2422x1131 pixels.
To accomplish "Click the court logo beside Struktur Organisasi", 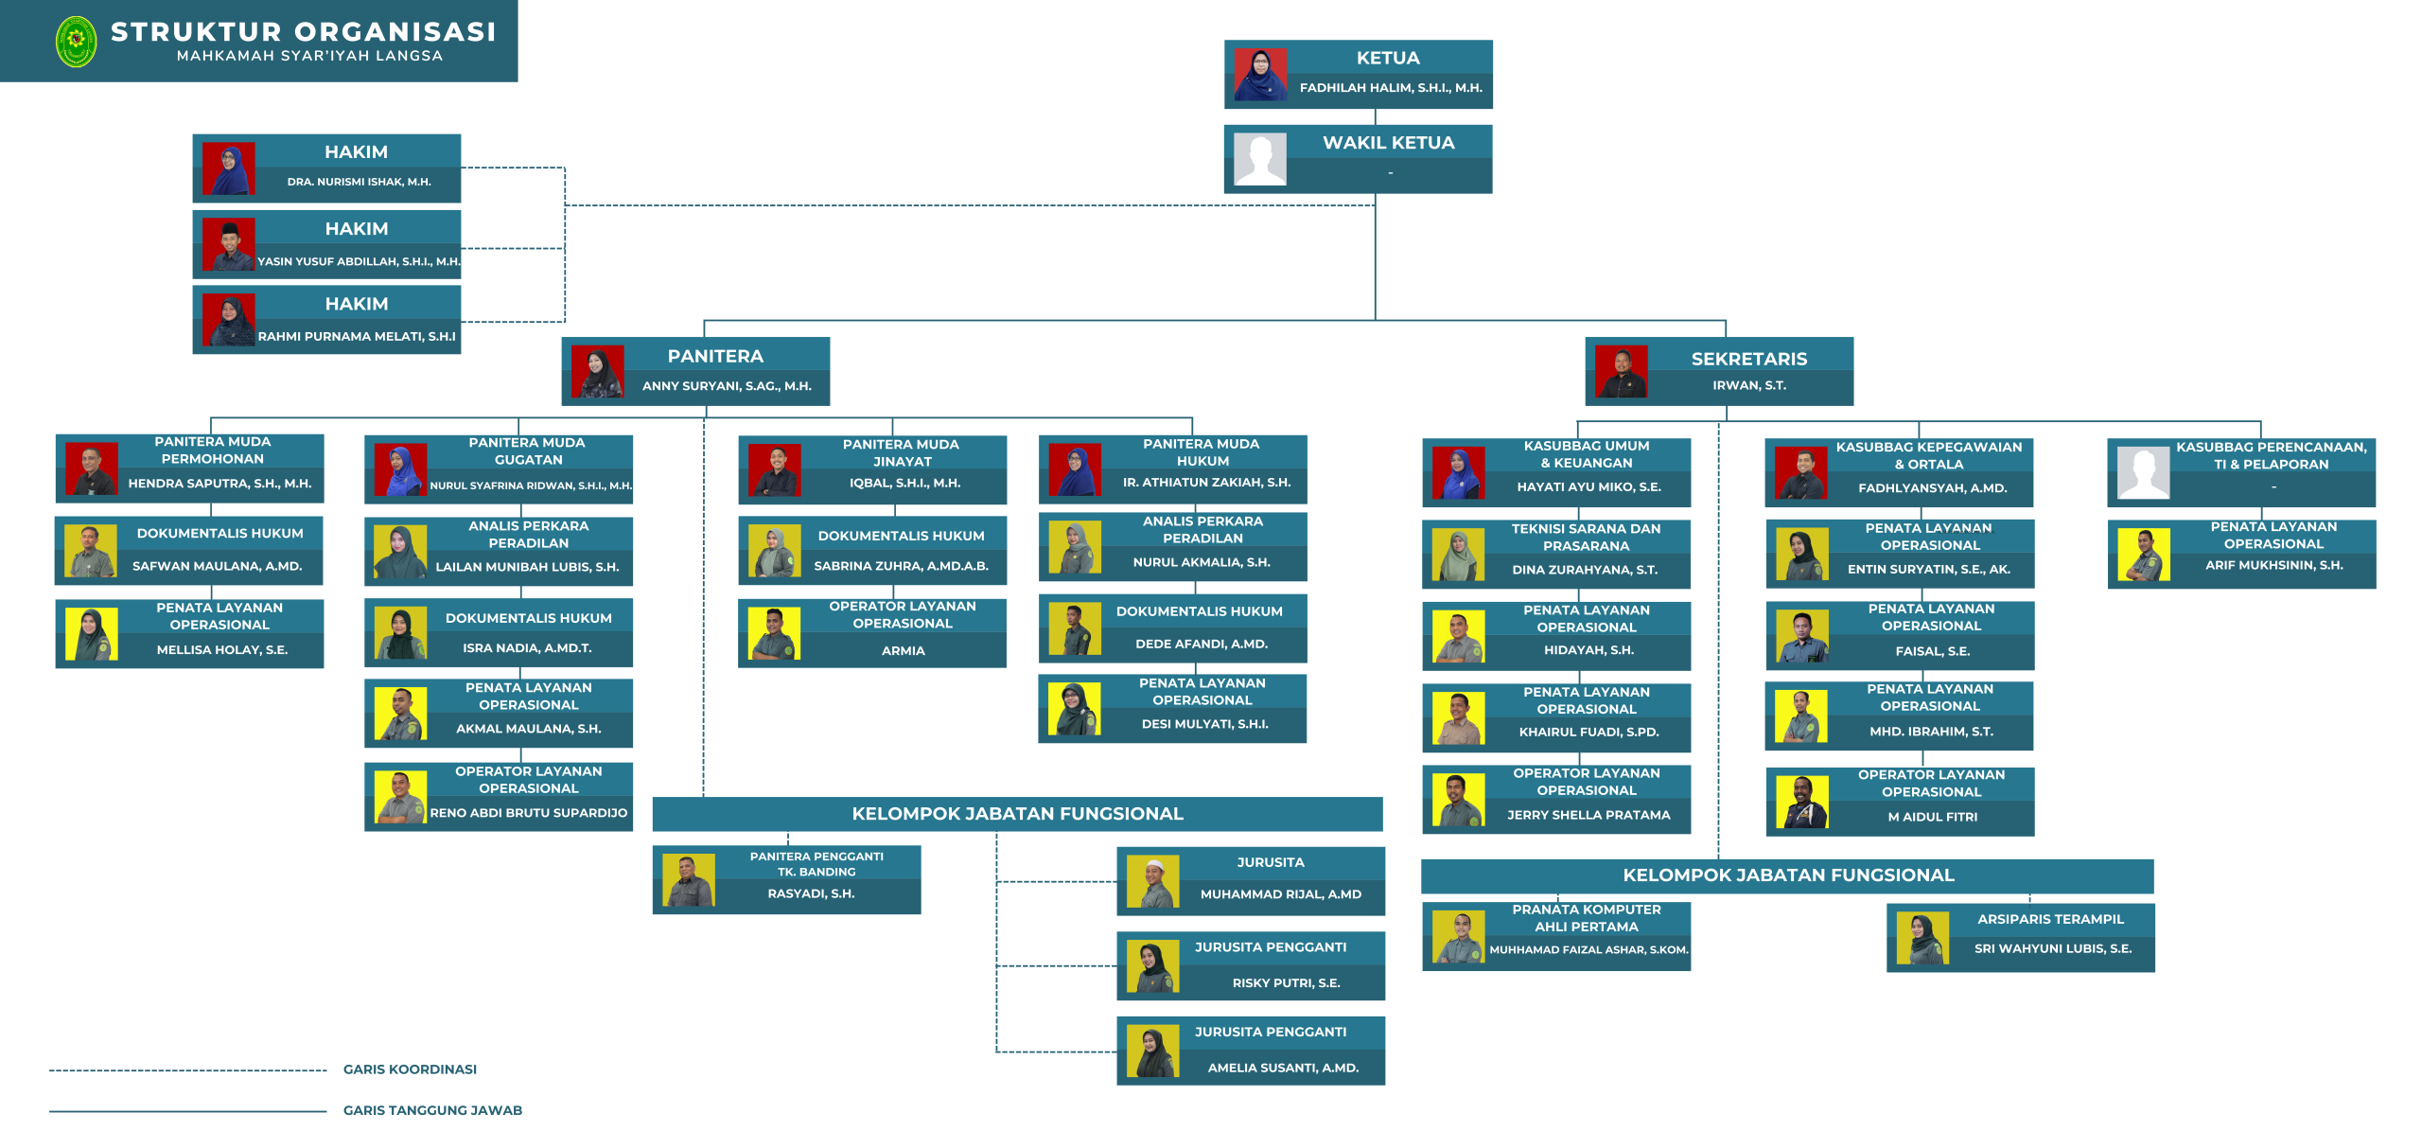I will pyautogui.click(x=77, y=42).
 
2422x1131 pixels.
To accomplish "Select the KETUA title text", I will pyautogui.click(x=1387, y=58).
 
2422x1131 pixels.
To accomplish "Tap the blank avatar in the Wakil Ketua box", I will pyautogui.click(x=1259, y=159).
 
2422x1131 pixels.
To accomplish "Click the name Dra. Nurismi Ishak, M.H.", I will pyautogui.click(x=359, y=182).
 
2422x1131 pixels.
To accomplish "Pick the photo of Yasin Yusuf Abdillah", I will pyautogui.click(x=228, y=244).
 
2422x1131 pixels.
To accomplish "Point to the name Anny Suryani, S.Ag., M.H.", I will pyautogui.click(x=726, y=386).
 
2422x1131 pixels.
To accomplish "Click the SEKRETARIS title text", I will pyautogui.click(x=1748, y=359).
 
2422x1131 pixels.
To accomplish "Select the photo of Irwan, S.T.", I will pyautogui.click(x=1621, y=371).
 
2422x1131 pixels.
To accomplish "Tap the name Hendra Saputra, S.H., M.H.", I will pyautogui.click(x=219, y=484).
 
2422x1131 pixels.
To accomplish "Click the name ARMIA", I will pyautogui.click(x=903, y=651).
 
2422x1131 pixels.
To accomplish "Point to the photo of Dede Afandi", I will pyautogui.click(x=1075, y=628).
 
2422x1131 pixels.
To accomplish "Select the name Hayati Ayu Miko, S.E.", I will pyautogui.click(x=1588, y=487).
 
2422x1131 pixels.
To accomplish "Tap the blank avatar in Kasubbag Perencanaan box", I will pyautogui.click(x=2143, y=472).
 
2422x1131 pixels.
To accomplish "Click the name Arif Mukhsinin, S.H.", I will pyautogui.click(x=2273, y=565).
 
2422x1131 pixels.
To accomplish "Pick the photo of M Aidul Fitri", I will pyautogui.click(x=1801, y=802).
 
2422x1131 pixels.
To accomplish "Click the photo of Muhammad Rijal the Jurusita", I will pyautogui.click(x=1152, y=881).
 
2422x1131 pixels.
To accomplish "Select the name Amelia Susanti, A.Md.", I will pyautogui.click(x=1282, y=1068).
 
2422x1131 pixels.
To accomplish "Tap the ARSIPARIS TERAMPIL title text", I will pyautogui.click(x=2050, y=919).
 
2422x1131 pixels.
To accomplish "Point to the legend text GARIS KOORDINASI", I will pyautogui.click(x=410, y=1069).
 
